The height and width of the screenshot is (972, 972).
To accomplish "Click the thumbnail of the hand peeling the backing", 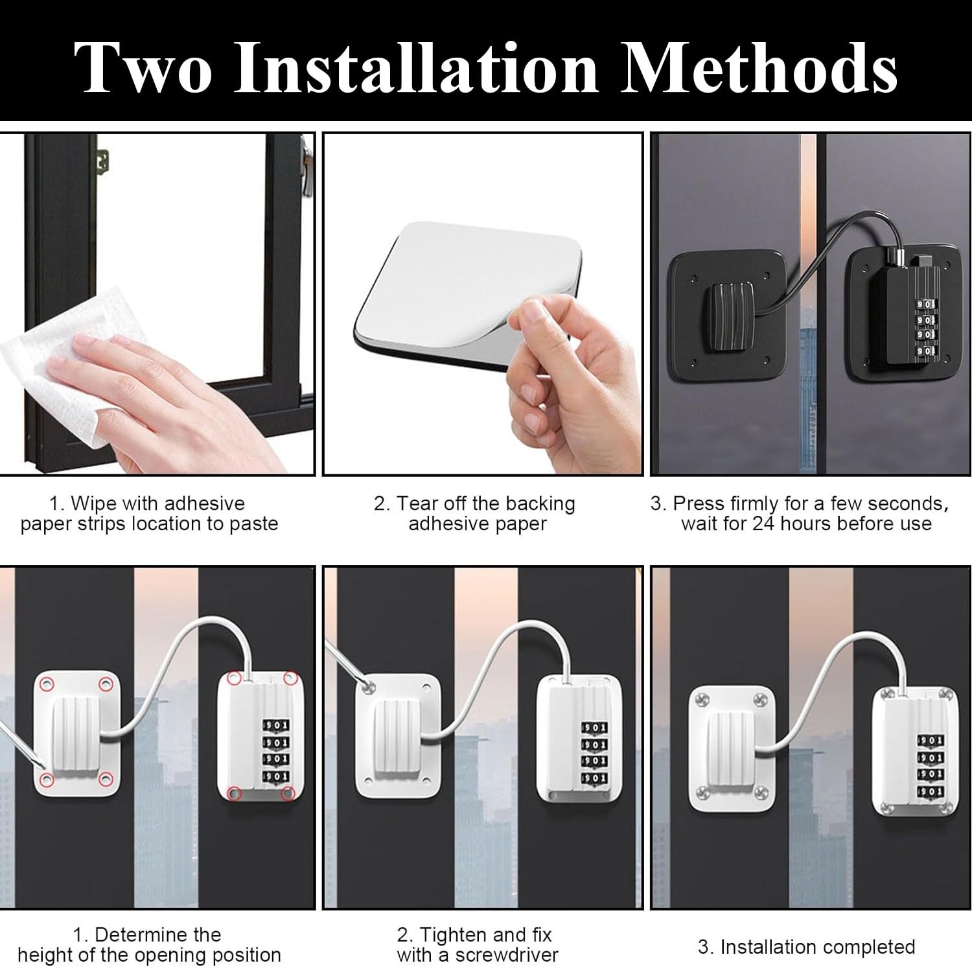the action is pos(483,304).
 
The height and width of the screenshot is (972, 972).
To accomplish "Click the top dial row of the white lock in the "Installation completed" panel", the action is pos(929,740).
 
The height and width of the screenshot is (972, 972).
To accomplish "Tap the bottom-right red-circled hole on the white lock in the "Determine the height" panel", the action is pos(288,793).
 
